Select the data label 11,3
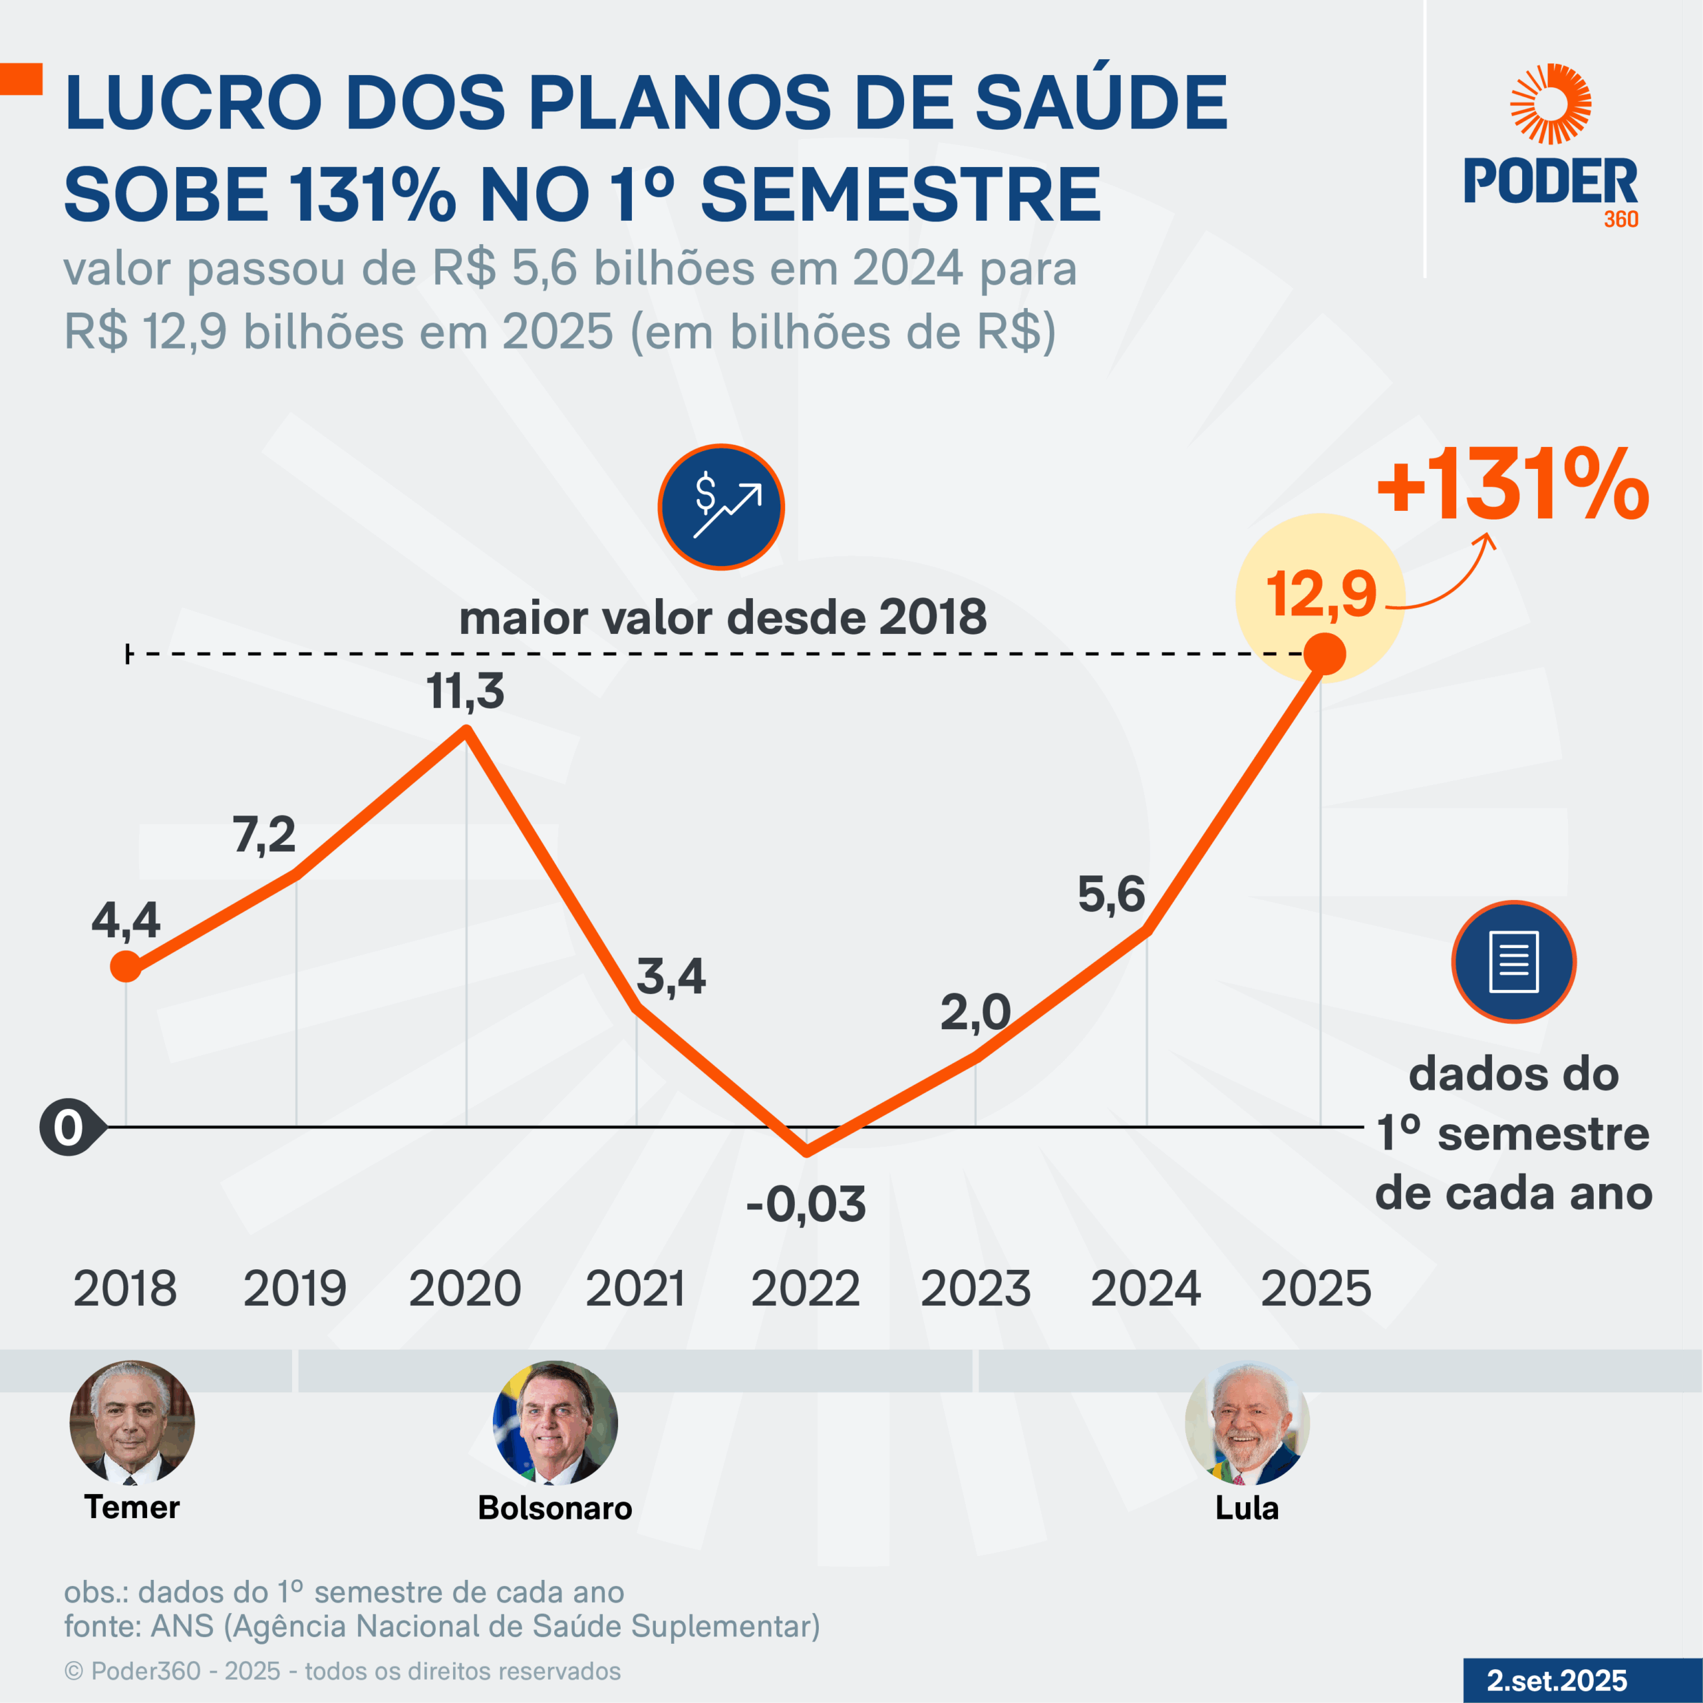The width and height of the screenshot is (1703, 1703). pos(466,691)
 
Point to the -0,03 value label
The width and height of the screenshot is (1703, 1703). pos(806,1204)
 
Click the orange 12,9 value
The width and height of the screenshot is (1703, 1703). pos(1320,594)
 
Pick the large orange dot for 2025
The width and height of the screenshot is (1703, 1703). pos(1324,654)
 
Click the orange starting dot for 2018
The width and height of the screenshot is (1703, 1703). pos(126,967)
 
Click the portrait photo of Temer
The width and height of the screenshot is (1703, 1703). pos(132,1422)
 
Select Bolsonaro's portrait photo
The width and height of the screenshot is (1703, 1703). pos(555,1422)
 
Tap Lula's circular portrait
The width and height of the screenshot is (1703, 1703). pos(1247,1422)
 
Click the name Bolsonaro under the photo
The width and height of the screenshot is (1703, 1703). pos(555,1508)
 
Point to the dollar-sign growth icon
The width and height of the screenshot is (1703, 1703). pos(721,507)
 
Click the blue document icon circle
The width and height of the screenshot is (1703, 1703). pos(1513,962)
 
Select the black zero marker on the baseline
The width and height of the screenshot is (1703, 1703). pos(69,1128)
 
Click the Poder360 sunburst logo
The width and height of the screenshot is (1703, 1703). pos(1551,103)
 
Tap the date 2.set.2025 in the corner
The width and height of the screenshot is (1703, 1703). pos(1557,1680)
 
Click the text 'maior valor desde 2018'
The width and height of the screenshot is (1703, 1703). pos(723,617)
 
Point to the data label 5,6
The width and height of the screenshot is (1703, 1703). pos(1112,895)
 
